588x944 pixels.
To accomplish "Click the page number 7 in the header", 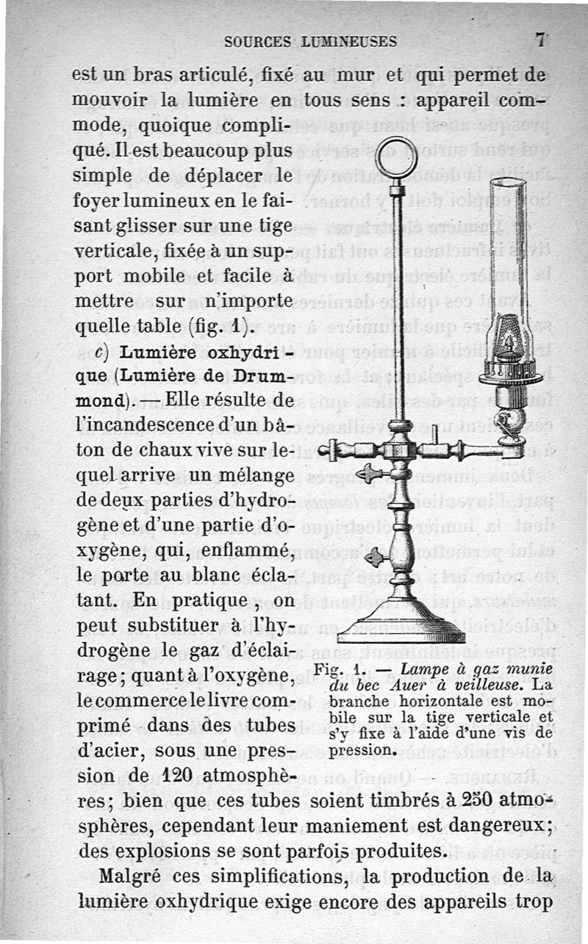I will [x=541, y=40].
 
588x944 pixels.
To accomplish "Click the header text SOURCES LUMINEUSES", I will [x=311, y=42].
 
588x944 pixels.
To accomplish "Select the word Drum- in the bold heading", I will [x=257, y=378].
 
